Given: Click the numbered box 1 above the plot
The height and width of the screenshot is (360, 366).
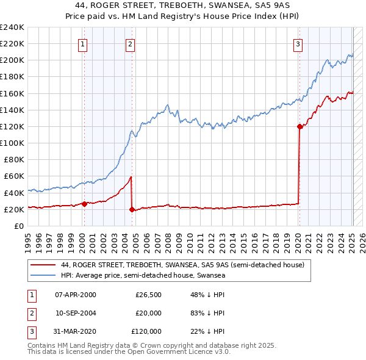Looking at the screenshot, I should pos(82,43).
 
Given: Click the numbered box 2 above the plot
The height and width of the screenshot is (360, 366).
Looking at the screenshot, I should pos(131,43).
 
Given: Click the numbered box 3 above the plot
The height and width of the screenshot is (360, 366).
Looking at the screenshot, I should pos(298,43).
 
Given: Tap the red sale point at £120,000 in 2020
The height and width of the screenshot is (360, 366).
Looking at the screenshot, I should pos(300,126).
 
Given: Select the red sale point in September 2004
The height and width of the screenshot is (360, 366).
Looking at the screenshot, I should pos(132,209).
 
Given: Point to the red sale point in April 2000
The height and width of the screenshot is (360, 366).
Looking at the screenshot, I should pos(84,204).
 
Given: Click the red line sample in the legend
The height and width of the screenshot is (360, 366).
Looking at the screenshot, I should pos(42,265).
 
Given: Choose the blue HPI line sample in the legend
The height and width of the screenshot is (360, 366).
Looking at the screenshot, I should pos(42,276).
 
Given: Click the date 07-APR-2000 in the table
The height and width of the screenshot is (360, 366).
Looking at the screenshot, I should pos(76,295).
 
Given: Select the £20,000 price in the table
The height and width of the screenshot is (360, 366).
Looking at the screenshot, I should pos(148,313).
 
